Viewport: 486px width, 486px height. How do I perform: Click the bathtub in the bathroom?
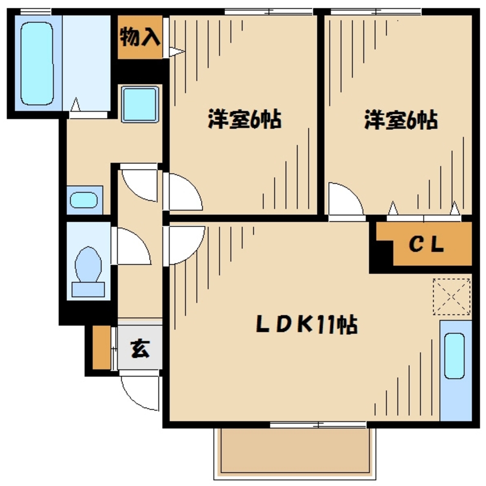pos(37,64)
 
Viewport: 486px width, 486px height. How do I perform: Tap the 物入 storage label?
pos(140,36)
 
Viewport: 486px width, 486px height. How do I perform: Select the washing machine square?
pos(140,104)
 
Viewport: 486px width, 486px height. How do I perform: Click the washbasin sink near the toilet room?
pos(84,200)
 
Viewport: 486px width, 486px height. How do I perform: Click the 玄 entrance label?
pos(140,348)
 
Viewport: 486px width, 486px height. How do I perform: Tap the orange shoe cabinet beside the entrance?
pos(102,347)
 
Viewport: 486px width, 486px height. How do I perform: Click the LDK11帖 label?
pos(307,324)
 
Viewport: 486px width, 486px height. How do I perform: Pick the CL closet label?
pos(427,244)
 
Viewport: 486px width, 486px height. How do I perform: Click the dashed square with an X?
pos(452,296)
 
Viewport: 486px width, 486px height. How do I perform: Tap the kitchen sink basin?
pos(454,356)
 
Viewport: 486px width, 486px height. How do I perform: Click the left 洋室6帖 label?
pos(244,119)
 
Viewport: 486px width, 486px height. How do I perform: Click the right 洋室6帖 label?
pos(401,120)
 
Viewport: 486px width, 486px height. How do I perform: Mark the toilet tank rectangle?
pos(88,290)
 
